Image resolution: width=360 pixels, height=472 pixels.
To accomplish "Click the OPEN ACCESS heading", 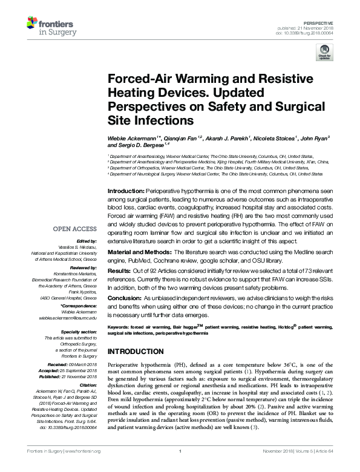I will [74, 229].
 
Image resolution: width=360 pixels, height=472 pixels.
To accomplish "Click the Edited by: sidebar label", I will [86, 241].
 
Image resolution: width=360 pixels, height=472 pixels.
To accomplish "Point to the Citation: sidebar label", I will [88, 384].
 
